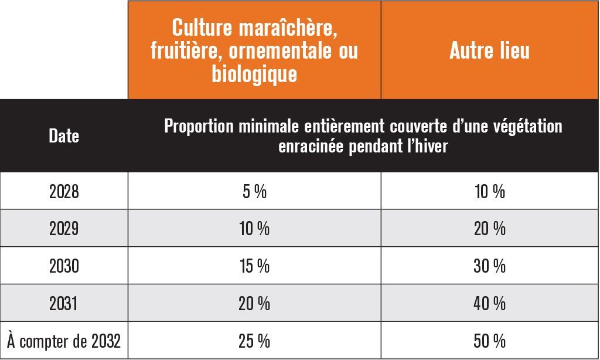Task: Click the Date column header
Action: tap(64, 136)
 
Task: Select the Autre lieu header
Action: tap(489, 50)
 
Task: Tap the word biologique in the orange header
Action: tap(254, 73)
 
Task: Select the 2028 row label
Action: tap(64, 191)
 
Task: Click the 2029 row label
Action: tap(64, 229)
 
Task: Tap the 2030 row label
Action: tap(64, 266)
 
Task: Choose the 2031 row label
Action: tap(63, 303)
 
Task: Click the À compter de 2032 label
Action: tap(64, 341)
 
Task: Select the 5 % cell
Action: tap(254, 191)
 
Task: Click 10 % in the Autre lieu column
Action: tap(490, 191)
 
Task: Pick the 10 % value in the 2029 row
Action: tap(254, 229)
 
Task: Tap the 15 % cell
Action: tap(254, 266)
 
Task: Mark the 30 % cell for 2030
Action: tap(490, 266)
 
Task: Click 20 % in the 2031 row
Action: tap(254, 303)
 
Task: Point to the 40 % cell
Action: tap(490, 303)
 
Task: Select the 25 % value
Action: tap(254, 341)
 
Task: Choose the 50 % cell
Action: tap(490, 341)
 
